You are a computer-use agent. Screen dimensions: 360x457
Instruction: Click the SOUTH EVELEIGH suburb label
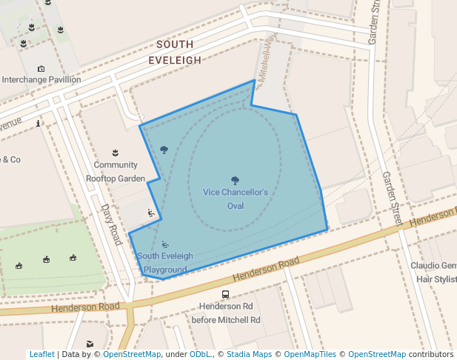coord(175,52)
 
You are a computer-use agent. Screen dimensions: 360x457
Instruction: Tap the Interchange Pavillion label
coord(41,80)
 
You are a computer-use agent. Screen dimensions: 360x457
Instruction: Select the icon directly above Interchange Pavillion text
coord(41,69)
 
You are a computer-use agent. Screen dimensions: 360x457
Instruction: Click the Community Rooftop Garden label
coord(116,171)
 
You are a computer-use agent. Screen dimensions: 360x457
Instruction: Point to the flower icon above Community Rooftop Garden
coord(115,153)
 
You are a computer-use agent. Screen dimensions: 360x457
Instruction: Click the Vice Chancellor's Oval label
coord(235,199)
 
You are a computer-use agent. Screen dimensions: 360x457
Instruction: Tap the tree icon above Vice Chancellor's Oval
coord(235,180)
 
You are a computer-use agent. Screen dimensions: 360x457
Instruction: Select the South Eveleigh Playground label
coord(165,263)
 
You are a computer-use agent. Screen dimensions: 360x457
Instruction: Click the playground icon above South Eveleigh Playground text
coord(165,244)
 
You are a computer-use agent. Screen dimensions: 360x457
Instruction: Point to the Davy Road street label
coord(110,225)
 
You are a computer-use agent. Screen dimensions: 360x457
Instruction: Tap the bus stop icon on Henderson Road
coord(226,294)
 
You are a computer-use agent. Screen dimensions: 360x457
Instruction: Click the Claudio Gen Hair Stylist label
coord(434,273)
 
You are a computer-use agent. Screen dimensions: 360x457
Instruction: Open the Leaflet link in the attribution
coord(41,354)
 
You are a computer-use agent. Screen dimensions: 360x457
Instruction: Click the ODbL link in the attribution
coord(200,354)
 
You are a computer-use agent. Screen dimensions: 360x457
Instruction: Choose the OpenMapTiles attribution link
coord(310,354)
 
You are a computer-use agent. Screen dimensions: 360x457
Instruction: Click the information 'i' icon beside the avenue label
coord(38,123)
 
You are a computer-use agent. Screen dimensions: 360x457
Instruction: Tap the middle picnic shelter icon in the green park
coord(46,259)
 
